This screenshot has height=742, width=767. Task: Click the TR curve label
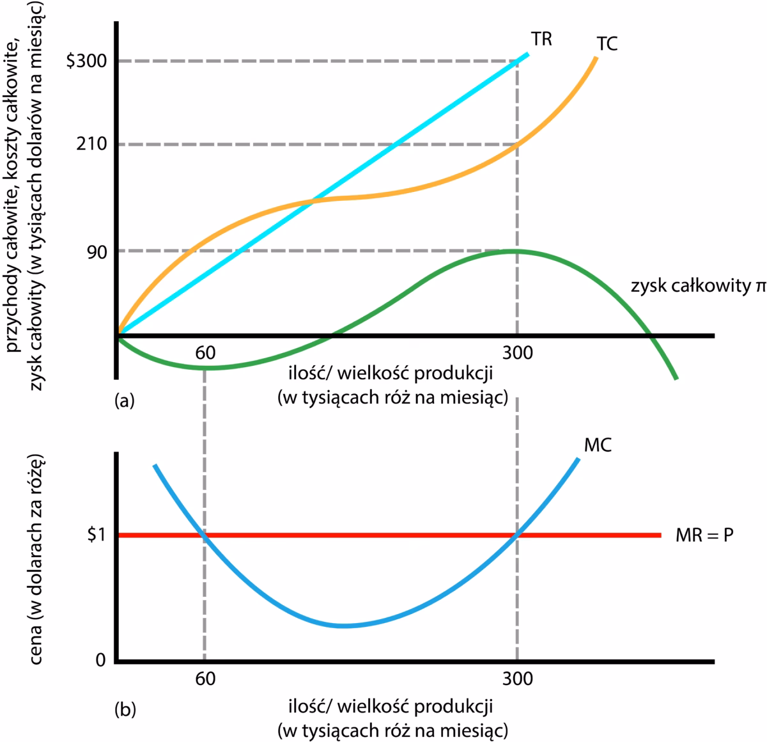coord(541,40)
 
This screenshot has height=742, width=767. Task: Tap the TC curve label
coord(607,44)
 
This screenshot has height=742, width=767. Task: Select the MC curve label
coord(598,445)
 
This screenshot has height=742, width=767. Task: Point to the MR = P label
coord(704,535)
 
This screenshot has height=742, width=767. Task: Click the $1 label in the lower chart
coord(96,535)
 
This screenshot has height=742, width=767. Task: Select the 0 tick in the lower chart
coord(100,660)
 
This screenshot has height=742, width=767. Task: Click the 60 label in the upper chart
coord(205,352)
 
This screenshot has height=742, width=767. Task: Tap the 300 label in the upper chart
coord(517,352)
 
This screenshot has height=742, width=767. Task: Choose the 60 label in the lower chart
coord(205,679)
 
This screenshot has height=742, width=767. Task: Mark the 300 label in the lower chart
coord(517,679)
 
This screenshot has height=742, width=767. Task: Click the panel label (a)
coord(124,401)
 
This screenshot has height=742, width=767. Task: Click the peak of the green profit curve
coord(513,251)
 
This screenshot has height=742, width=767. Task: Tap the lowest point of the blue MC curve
coord(344,625)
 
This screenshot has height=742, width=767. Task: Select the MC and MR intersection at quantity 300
coord(517,535)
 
